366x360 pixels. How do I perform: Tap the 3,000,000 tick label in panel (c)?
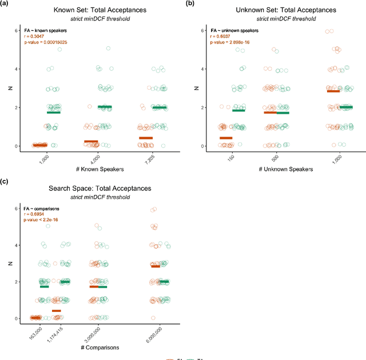(93, 333)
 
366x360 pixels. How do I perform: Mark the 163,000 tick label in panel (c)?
(35, 331)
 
